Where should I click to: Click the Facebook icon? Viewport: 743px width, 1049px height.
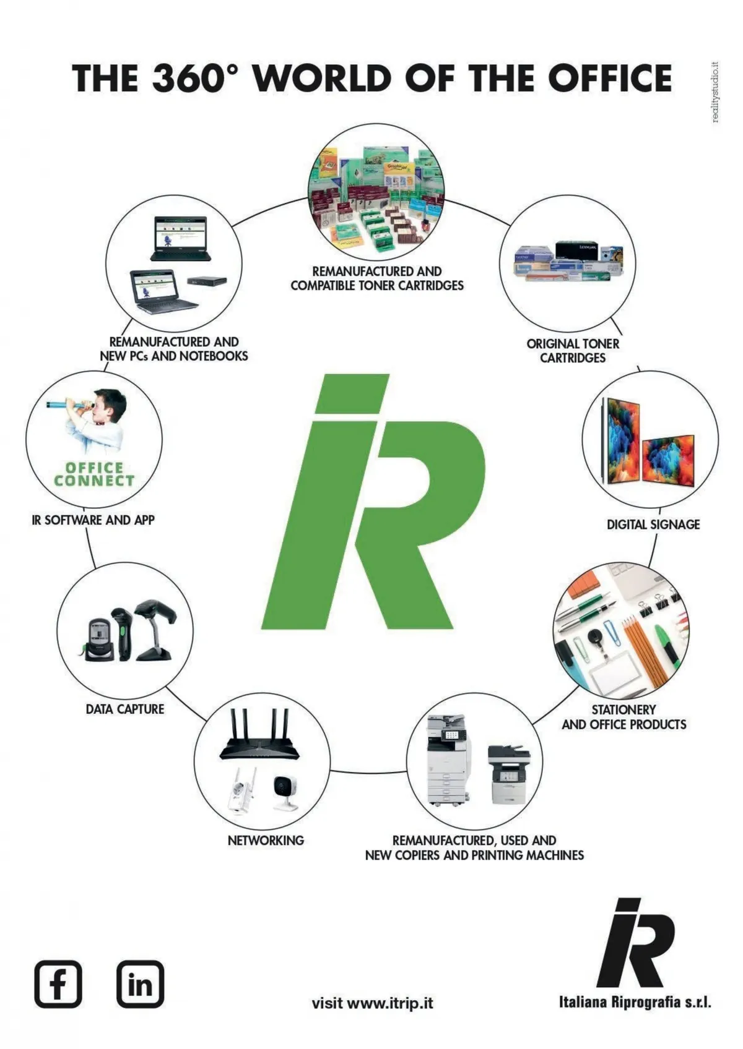tap(58, 983)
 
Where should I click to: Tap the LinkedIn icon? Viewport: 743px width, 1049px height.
tap(141, 983)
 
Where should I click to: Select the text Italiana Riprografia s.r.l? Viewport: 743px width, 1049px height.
tap(635, 1002)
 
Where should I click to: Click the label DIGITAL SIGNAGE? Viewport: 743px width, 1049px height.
tap(653, 524)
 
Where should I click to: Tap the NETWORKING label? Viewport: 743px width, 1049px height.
tap(266, 841)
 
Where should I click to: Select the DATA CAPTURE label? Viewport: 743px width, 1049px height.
tap(125, 709)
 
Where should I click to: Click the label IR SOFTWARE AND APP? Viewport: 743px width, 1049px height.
tap(93, 520)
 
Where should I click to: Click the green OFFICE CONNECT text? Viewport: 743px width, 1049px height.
tap(94, 474)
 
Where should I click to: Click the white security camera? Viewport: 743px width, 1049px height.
tap(285, 790)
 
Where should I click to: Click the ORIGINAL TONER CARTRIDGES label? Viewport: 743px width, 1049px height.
tap(573, 351)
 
